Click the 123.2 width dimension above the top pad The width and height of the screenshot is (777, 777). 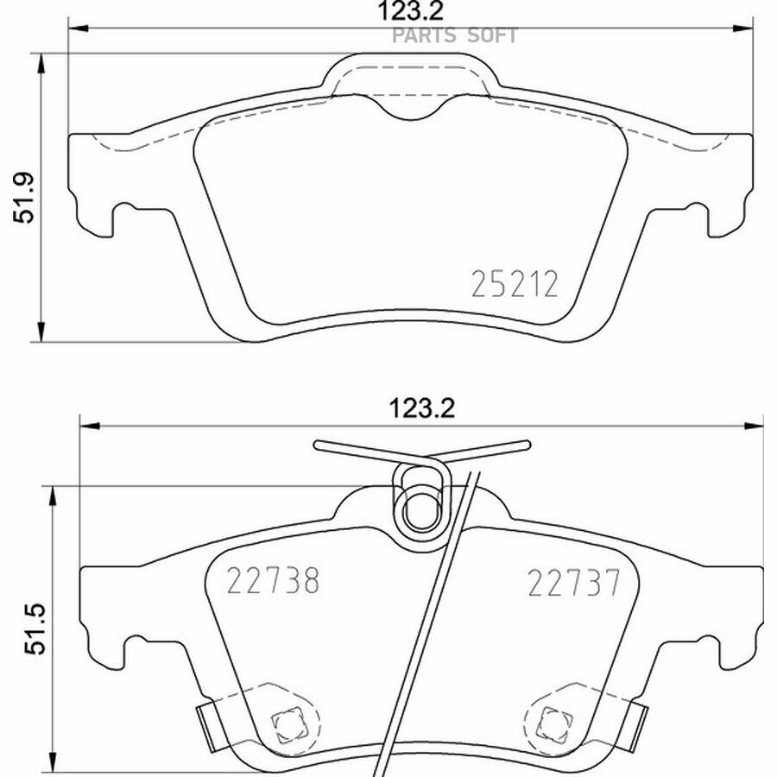(410, 11)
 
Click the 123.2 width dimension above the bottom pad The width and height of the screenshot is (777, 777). (421, 409)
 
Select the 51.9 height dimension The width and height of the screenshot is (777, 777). (23, 197)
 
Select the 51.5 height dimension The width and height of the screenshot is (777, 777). (35, 629)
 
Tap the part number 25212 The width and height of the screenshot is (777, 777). (515, 284)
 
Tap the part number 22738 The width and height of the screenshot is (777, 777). (273, 580)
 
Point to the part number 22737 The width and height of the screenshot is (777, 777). (573, 583)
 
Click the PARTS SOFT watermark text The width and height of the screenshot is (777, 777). (455, 35)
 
